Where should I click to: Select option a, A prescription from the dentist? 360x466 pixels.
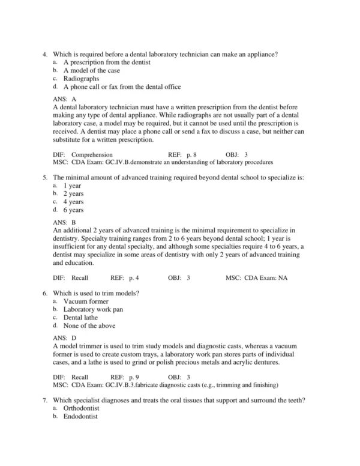tap(107, 62)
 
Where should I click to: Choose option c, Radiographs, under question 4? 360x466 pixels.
tap(82, 78)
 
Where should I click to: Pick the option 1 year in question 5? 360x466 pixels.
tap(73, 186)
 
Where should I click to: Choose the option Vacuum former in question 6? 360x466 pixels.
tap(86, 301)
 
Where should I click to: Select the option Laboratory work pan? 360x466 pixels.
tap(94, 309)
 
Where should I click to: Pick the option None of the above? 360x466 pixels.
tap(89, 325)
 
